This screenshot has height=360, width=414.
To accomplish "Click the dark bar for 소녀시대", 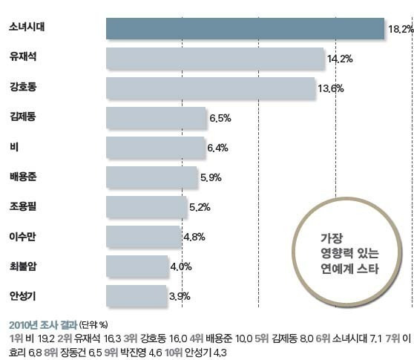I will click(245, 28).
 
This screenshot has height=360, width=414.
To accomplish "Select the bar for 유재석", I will click(215, 58).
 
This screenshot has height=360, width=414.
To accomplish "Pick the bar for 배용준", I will click(151, 177).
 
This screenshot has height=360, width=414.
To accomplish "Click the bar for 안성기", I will click(137, 295).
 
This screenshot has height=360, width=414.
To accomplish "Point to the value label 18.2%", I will click(400, 28).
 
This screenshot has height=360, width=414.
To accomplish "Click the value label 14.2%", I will click(339, 58).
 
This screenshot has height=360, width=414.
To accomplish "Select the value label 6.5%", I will click(220, 117).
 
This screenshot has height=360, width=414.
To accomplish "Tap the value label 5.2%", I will click(201, 207).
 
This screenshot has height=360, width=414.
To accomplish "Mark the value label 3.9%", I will click(180, 296).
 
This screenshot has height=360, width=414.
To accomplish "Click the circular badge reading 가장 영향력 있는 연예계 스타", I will click(349, 254).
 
